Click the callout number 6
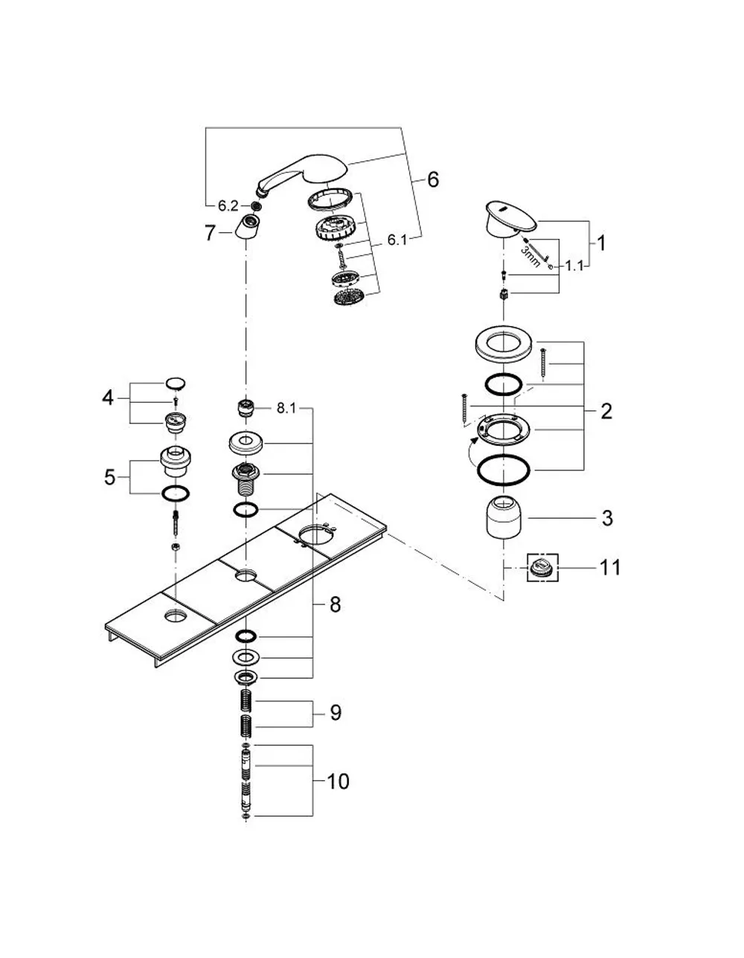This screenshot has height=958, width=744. point(433,180)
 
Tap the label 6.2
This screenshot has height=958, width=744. point(228,206)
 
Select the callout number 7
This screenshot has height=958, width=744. point(211,233)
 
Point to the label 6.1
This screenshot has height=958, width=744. point(397,240)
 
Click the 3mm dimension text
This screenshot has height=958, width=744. point(530,257)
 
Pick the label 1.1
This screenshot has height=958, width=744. point(574,266)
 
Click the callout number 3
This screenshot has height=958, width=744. point(607,518)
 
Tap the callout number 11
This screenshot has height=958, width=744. point(611,567)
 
